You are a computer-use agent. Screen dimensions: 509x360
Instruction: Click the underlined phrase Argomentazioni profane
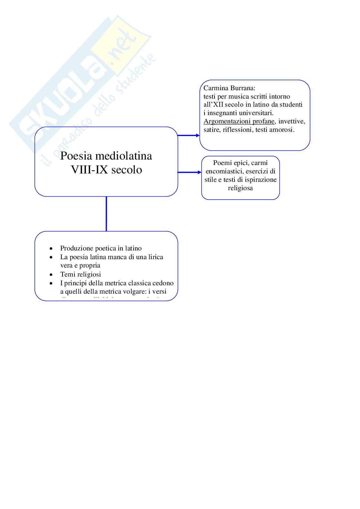tap(239, 122)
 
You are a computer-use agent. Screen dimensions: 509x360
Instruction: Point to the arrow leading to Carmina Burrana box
tap(189, 135)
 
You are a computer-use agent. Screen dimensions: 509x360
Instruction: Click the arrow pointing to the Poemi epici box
tap(190, 172)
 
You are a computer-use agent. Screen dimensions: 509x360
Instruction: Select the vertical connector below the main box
tap(106, 214)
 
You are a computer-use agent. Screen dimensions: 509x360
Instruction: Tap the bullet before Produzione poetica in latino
tap(51, 249)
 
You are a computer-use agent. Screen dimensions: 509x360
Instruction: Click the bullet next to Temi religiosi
tap(51, 275)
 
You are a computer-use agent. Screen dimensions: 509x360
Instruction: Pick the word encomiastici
tap(224, 171)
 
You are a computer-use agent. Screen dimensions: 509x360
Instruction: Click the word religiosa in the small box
tap(240, 188)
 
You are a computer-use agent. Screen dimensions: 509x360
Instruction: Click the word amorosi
tap(283, 130)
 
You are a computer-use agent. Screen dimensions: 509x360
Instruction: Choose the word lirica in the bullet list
tap(156, 257)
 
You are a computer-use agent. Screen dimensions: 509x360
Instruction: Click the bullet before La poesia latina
tap(51, 257)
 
